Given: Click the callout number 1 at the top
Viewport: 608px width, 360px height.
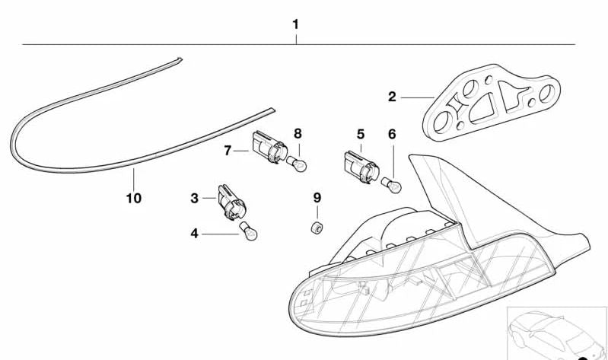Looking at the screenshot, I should point(295,24).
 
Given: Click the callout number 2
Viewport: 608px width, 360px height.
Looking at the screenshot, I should point(392,97).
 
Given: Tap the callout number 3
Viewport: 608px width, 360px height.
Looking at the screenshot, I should point(195,198).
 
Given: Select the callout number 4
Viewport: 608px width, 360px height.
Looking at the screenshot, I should point(195,234).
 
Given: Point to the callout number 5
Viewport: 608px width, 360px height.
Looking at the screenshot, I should point(360,135).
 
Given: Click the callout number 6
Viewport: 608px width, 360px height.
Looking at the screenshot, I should point(392,135).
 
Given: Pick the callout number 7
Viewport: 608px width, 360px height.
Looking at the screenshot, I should point(227,151).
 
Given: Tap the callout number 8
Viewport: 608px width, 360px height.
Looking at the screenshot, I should point(298,133).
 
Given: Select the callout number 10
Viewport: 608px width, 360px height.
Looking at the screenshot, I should point(134,199).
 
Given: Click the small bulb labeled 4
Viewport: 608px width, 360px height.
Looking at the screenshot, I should point(249,231).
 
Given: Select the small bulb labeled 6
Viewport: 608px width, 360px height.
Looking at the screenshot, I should point(394,185).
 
